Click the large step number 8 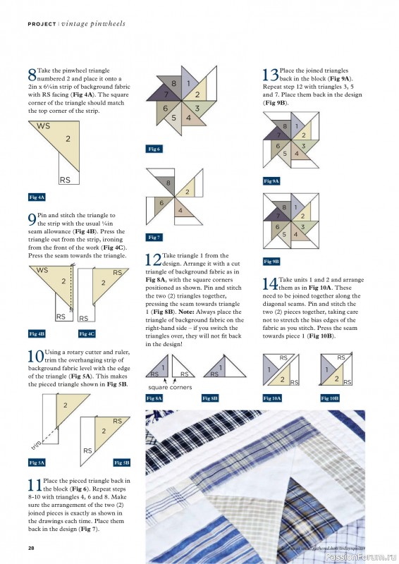coord(32,75)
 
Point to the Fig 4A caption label coord(37,197)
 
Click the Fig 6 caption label coord(154,149)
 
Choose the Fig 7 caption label coord(154,237)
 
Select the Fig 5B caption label coord(121,462)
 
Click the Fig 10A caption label coord(272,398)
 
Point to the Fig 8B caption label coord(210,398)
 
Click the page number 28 coord(32,548)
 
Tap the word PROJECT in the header coord(41,23)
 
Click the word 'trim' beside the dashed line coord(37,446)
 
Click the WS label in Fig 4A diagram coord(43,126)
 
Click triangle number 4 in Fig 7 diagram coord(180,211)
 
